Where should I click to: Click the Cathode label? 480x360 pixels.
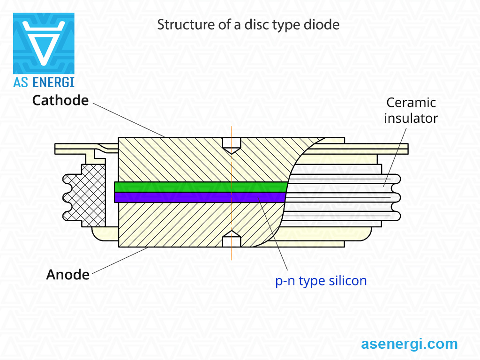(x=60, y=100)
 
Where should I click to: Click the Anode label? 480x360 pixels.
(x=67, y=275)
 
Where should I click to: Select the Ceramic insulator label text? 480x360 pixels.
(x=411, y=111)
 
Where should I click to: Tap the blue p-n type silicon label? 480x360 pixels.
(x=321, y=281)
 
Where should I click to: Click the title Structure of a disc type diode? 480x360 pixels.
(x=248, y=25)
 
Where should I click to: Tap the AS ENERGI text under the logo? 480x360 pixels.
(x=44, y=82)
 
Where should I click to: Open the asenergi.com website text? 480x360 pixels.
(x=409, y=344)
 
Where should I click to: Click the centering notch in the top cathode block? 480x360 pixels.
(x=232, y=146)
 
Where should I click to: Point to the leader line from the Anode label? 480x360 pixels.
(x=120, y=260)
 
